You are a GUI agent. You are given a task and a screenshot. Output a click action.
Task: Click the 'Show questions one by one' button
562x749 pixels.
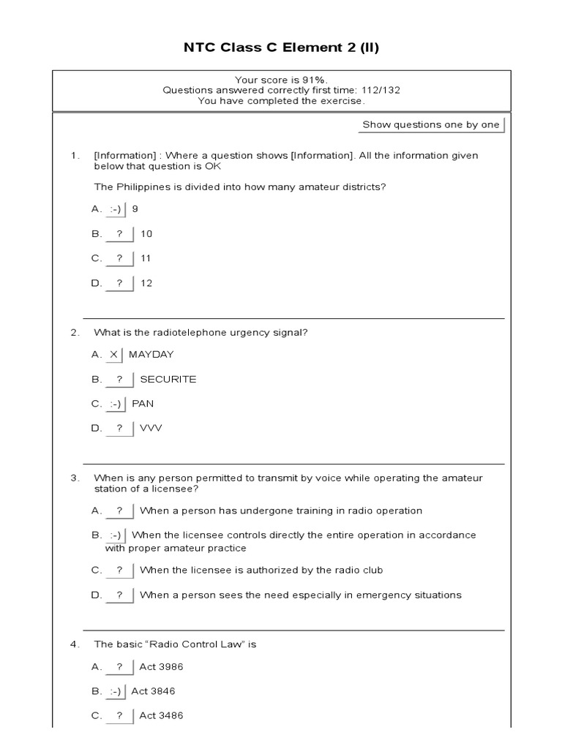click(431, 124)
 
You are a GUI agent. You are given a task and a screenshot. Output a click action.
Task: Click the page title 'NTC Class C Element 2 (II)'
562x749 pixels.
click(281, 48)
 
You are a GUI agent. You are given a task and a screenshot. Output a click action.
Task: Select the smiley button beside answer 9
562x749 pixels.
click(116, 209)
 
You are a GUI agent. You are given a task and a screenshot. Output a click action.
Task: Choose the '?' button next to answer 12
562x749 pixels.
click(119, 283)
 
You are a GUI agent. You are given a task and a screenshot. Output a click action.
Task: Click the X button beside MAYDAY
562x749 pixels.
click(113, 355)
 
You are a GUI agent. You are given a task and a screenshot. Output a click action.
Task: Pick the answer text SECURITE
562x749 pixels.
click(168, 380)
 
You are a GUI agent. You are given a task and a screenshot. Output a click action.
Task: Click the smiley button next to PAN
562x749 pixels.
click(116, 404)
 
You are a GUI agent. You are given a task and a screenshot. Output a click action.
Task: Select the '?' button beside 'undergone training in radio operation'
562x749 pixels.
click(119, 511)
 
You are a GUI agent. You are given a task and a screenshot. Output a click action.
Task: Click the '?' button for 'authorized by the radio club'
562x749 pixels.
click(119, 570)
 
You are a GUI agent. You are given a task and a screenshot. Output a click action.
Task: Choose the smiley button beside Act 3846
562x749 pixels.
click(116, 691)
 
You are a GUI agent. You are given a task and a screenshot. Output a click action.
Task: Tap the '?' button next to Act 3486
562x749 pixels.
click(119, 716)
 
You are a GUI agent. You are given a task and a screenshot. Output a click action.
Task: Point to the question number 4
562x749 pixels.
click(74, 644)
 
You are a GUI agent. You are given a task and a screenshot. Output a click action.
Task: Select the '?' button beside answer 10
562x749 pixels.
click(119, 234)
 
